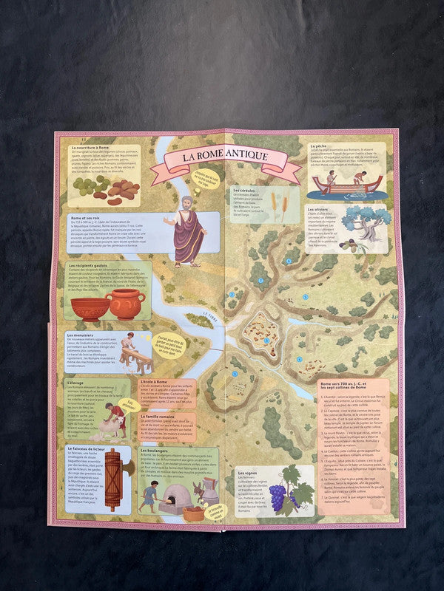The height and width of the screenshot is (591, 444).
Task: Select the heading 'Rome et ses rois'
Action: click(x=85, y=217)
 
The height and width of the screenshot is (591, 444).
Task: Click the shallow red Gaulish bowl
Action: click(x=89, y=307)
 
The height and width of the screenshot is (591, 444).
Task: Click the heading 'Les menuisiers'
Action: click(x=82, y=335)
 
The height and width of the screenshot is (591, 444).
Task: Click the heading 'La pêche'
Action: click(x=319, y=146)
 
